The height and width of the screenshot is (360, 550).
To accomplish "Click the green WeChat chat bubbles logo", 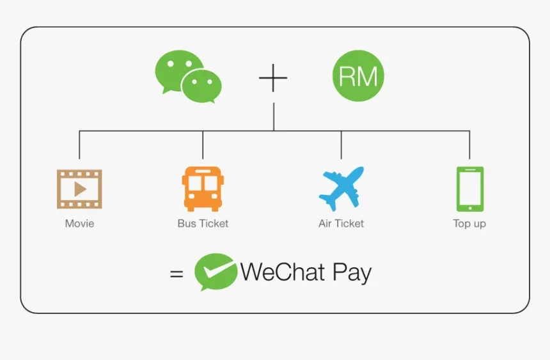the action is [188, 77].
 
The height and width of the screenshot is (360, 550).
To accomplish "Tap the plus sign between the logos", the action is [273, 78].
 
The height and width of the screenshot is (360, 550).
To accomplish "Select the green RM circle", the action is [358, 76].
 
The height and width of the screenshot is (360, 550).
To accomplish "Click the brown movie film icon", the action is [80, 189].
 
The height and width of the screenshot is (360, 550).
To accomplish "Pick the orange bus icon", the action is [203, 189].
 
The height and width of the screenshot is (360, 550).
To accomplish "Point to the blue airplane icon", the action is [342, 189].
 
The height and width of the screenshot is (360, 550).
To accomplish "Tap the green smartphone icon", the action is [470, 189].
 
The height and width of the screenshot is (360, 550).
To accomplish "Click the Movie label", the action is [80, 224].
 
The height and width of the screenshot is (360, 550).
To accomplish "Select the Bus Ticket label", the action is [203, 224].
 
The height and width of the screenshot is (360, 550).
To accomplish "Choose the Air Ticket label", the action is [342, 224].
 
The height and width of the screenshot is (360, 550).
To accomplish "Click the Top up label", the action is [469, 224].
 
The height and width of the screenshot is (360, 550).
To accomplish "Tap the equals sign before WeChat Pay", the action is [177, 274].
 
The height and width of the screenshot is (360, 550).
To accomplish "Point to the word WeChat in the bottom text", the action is [283, 272].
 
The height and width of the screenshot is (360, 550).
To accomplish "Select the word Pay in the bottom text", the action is [352, 273].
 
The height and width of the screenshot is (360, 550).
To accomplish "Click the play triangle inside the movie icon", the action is [80, 189].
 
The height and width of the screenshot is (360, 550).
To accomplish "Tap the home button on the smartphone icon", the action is [470, 208].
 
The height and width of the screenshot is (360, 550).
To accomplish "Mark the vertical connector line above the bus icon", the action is [203, 145].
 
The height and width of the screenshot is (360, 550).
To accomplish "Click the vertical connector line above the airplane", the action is [342, 145].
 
